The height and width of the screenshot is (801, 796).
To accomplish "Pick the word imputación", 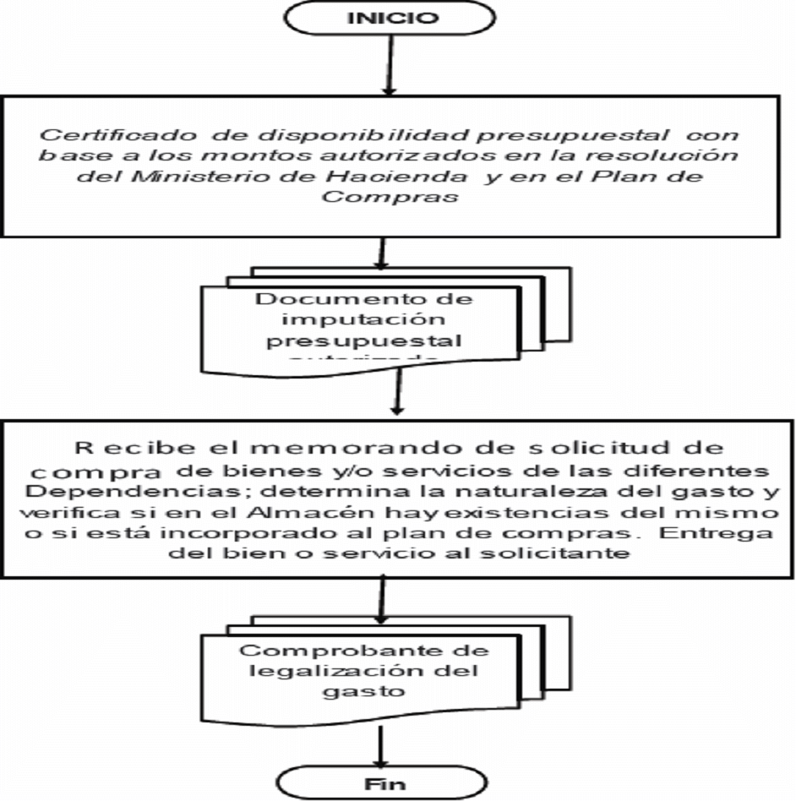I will pyautogui.click(x=361, y=321).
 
